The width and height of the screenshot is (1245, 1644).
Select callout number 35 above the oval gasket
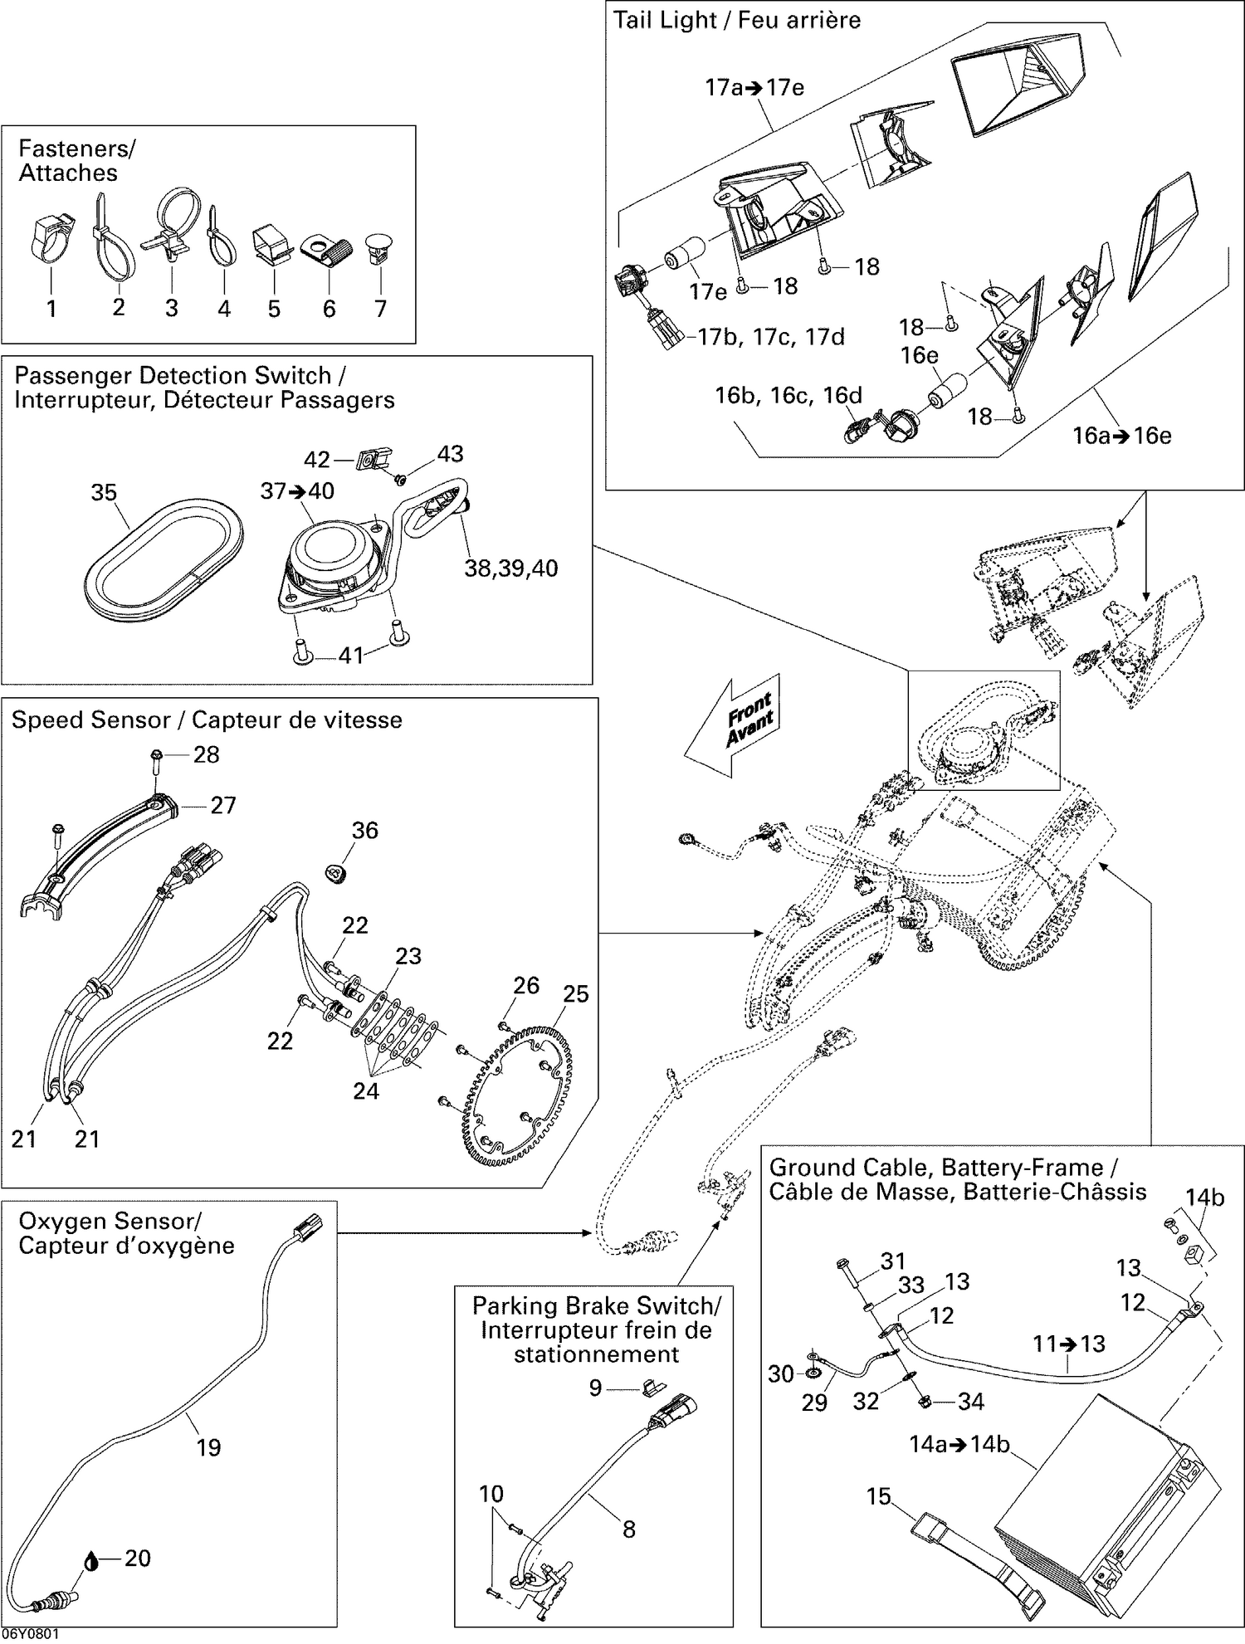pyautogui.click(x=104, y=492)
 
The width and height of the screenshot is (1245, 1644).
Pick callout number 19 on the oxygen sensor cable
pyautogui.click(x=208, y=1447)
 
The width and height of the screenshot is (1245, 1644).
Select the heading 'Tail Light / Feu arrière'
pyautogui.click(x=736, y=20)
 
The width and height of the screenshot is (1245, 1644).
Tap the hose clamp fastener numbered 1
pyautogui.click(x=51, y=238)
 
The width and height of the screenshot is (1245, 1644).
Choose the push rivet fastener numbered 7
pyautogui.click(x=379, y=248)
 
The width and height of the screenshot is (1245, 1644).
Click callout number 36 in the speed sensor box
pyautogui.click(x=364, y=830)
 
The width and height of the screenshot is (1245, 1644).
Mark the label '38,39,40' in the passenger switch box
pyautogui.click(x=510, y=568)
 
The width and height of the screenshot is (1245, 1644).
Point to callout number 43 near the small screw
pyautogui.click(x=450, y=454)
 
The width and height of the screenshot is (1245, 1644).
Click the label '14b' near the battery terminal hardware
pyautogui.click(x=1204, y=1198)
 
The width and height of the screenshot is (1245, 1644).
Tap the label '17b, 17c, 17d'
pyautogui.click(x=771, y=337)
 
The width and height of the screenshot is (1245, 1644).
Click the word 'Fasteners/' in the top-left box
pyautogui.click(x=76, y=149)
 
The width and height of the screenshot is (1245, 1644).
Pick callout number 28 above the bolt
pyautogui.click(x=206, y=754)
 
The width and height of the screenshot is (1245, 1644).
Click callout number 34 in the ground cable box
pyautogui.click(x=970, y=1402)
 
